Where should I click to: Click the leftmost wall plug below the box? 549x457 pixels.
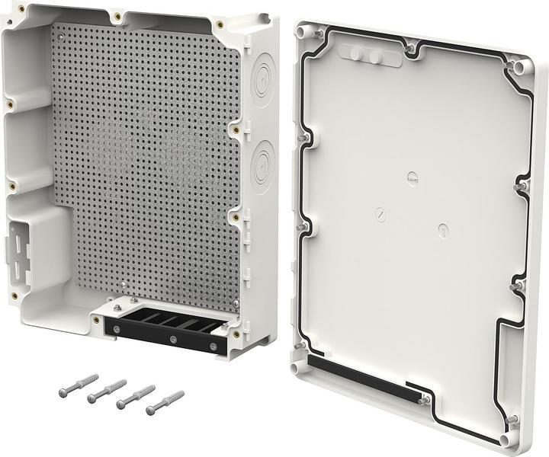click(x=79, y=385)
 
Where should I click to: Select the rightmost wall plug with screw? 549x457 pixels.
click(x=165, y=403)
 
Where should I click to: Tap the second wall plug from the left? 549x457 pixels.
click(x=107, y=391)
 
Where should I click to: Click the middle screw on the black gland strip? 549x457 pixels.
click(x=173, y=338)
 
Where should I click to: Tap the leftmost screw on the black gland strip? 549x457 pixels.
click(x=117, y=330)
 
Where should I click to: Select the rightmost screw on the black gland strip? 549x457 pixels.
click(x=213, y=347)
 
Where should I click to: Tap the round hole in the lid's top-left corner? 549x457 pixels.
click(x=305, y=34)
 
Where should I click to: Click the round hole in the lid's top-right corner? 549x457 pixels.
click(x=520, y=68)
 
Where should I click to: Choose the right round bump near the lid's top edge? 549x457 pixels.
click(x=375, y=57)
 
